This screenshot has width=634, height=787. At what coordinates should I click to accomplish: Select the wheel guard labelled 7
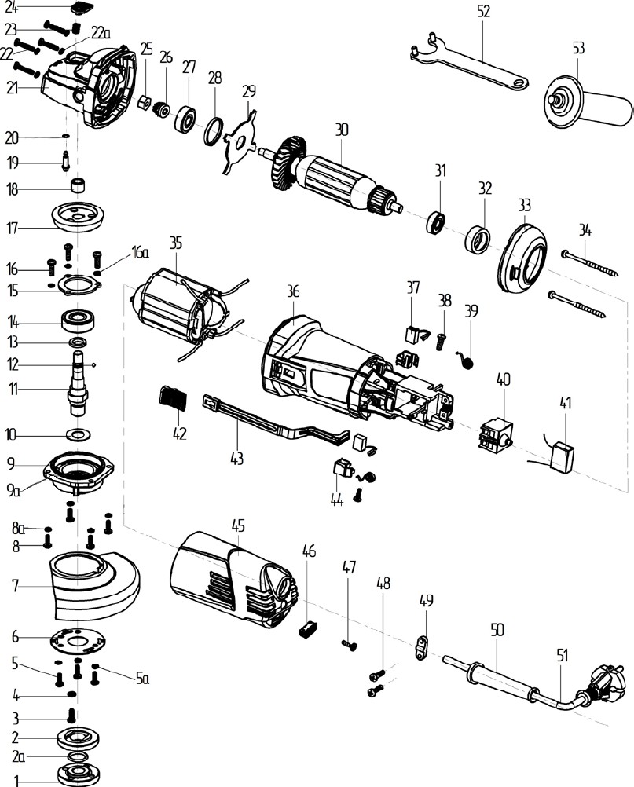[94, 581]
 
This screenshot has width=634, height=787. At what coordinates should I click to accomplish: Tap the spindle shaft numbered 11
[79, 385]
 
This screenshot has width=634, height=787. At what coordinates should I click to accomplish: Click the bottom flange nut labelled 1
[79, 774]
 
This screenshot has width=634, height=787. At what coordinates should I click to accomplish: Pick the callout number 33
[524, 205]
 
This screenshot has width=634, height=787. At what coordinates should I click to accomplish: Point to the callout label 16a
[139, 252]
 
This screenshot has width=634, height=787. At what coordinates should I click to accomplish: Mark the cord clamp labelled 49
[423, 649]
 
